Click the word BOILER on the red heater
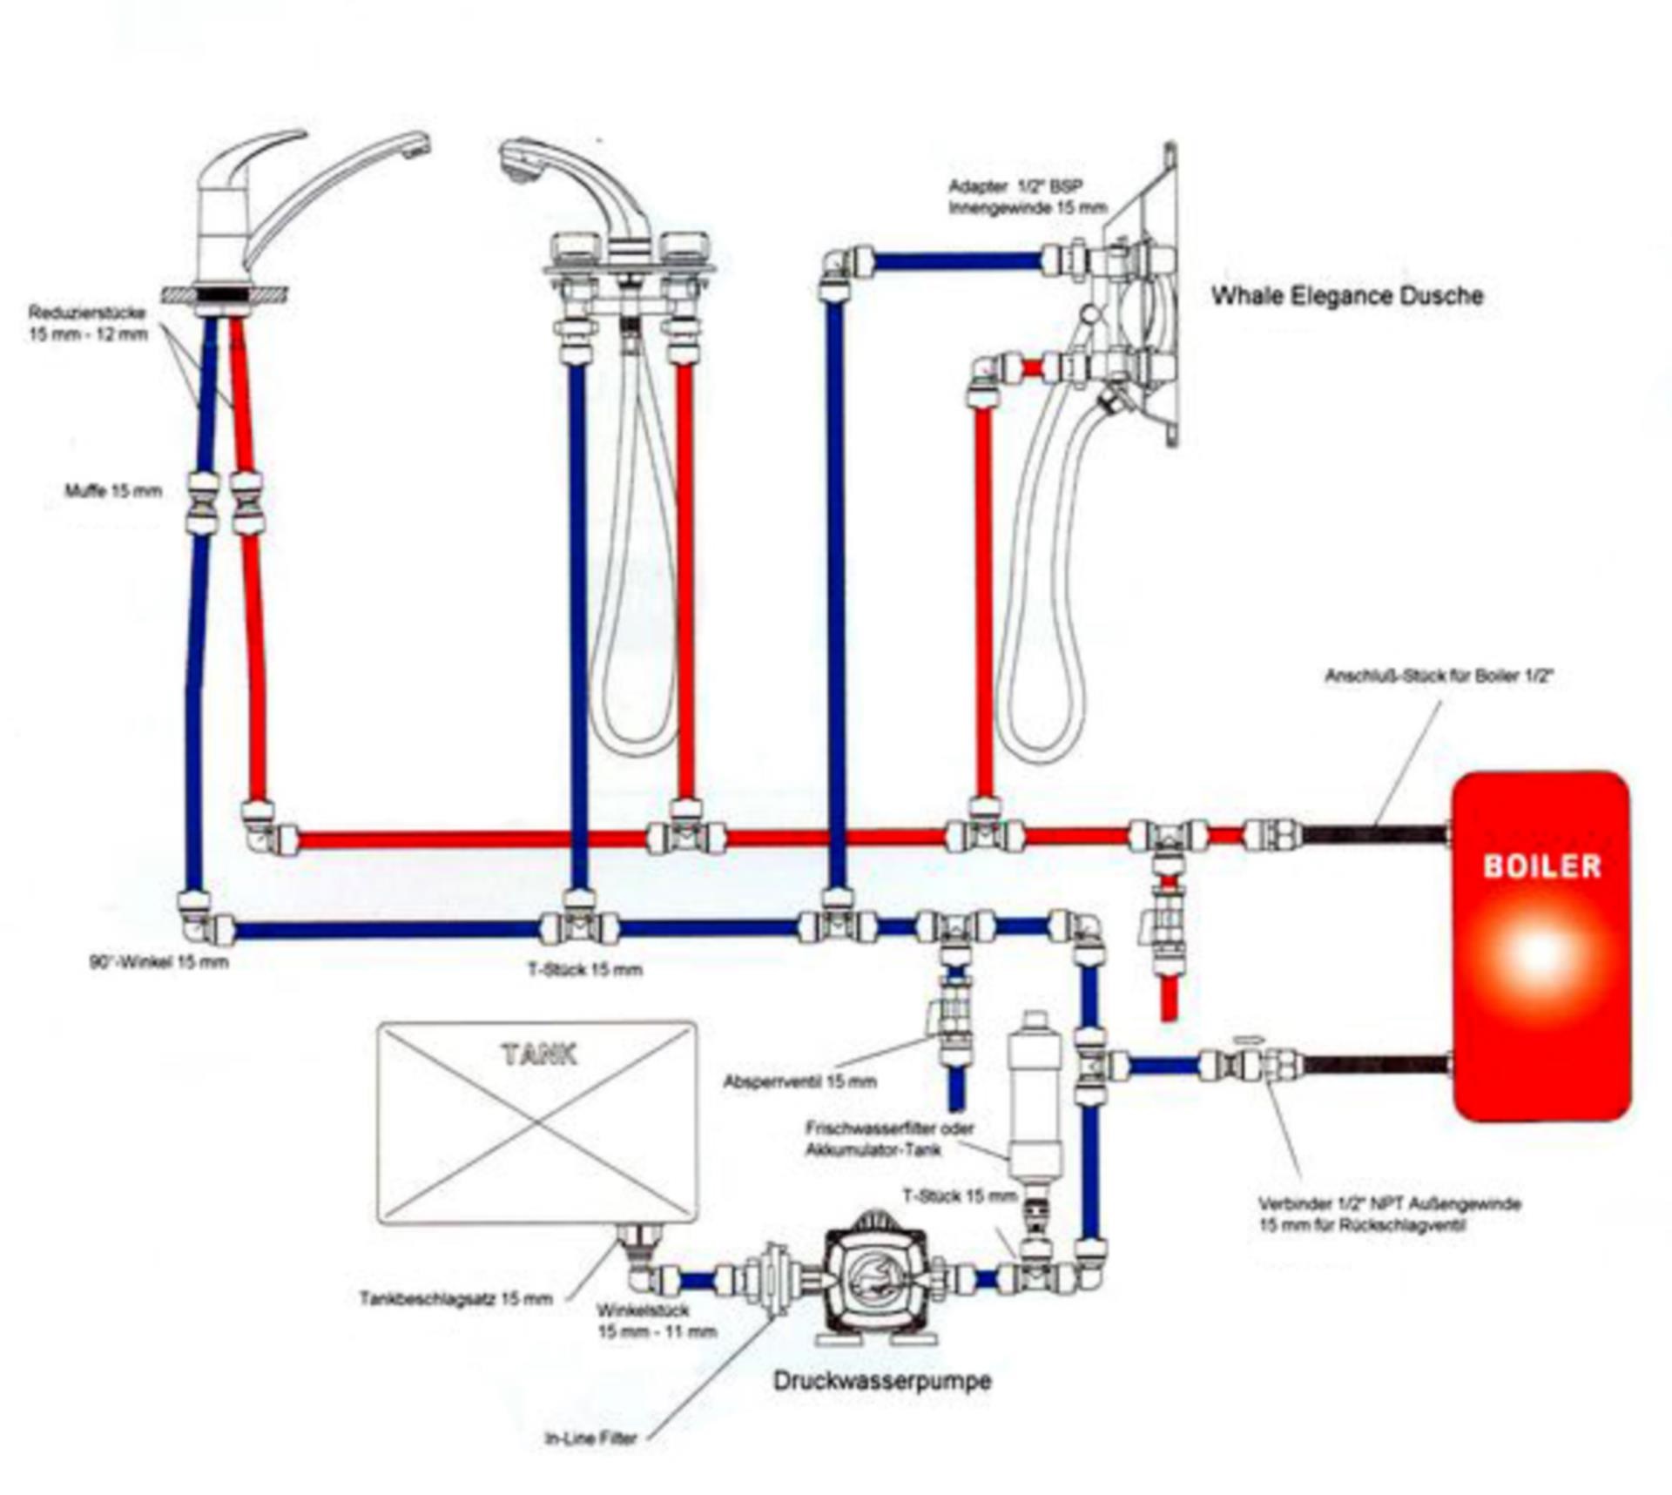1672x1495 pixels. [1541, 866]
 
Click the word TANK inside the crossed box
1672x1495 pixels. [539, 1055]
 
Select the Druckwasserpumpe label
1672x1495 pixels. [881, 1381]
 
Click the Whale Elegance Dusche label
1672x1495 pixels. [1346, 296]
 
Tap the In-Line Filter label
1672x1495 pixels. [590, 1438]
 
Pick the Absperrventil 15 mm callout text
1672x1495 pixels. [799, 1082]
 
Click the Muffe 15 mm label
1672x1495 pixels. [113, 491]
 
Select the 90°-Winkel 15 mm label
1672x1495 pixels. [158, 962]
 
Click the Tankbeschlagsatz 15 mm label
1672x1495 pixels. [455, 1299]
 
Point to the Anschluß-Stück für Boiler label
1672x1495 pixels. [1439, 676]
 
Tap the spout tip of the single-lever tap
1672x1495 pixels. [418, 145]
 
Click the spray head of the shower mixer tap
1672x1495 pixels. [519, 164]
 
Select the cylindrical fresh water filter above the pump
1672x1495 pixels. [1034, 1106]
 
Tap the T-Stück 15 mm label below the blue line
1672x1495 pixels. [585, 970]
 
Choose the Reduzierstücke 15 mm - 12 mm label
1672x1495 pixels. [87, 323]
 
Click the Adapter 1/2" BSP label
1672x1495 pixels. [1027, 197]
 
